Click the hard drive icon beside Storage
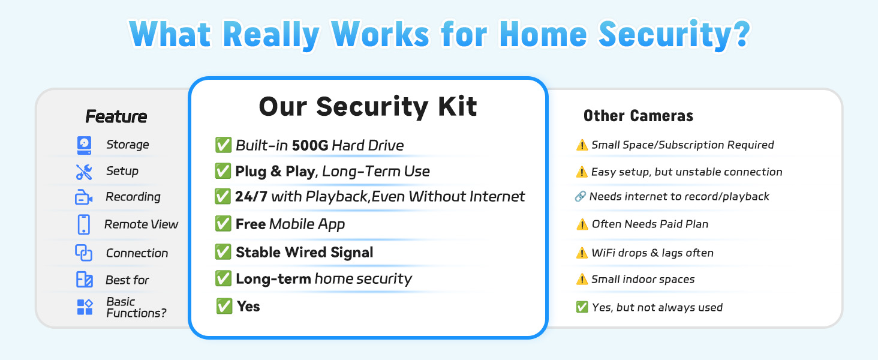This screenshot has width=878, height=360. [x=85, y=145]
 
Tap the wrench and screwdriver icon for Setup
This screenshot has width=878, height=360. [x=84, y=172]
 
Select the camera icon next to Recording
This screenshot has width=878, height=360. [x=83, y=197]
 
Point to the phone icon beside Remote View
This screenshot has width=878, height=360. [x=83, y=225]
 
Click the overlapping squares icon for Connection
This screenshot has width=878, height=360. [x=83, y=253]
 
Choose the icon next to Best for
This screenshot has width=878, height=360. [x=85, y=280]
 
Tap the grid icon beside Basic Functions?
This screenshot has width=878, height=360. [x=85, y=307]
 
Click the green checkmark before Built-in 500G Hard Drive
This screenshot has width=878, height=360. [x=223, y=145]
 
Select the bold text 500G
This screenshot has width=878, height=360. [x=310, y=145]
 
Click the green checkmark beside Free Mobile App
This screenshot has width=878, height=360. [x=223, y=224]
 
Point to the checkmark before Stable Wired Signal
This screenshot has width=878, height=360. [x=223, y=252]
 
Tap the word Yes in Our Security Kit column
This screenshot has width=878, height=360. [x=248, y=306]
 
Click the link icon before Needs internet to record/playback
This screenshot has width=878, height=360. [x=580, y=196]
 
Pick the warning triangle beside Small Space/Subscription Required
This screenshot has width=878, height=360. [x=582, y=145]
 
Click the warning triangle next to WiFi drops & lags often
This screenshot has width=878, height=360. [x=582, y=253]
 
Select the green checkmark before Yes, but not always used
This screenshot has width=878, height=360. [x=582, y=307]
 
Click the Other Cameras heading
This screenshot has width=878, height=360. [x=638, y=116]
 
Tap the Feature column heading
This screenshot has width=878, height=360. [x=116, y=116]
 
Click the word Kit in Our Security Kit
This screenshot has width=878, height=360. [x=458, y=106]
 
